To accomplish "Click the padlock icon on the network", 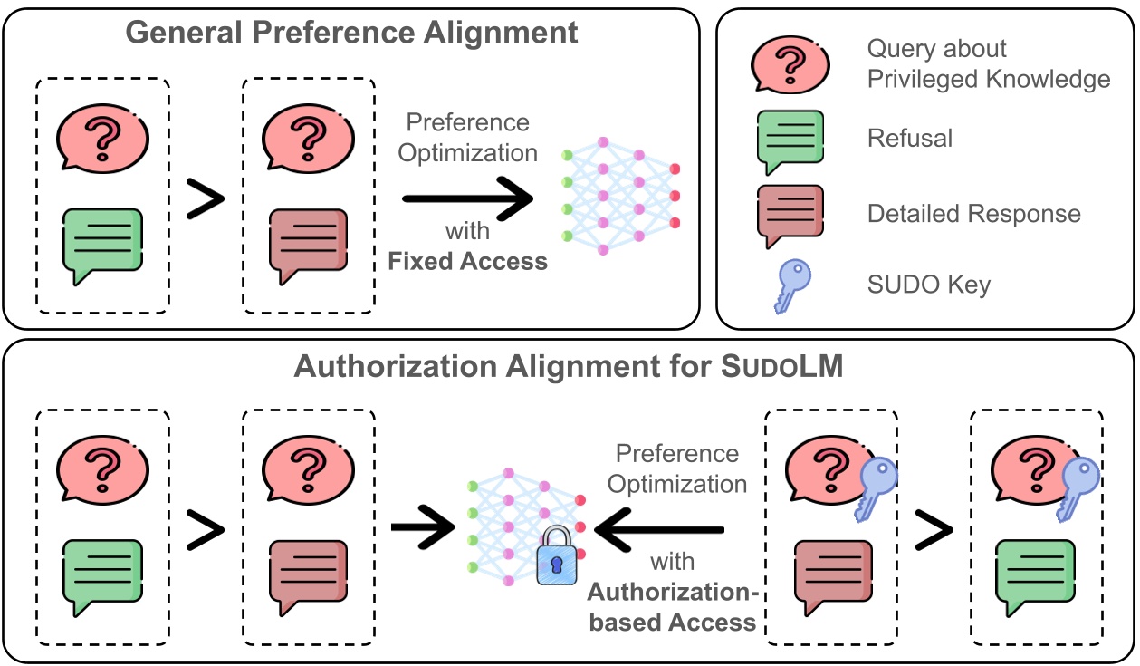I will click(x=557, y=558).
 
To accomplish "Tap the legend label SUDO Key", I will click(x=928, y=285).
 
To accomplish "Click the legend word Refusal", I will click(x=910, y=138).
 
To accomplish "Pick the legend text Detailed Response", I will click(x=973, y=214).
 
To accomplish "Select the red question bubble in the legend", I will click(x=790, y=64).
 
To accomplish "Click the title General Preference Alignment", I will click(x=351, y=33).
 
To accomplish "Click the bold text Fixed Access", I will click(x=467, y=262).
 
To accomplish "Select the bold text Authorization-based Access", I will click(x=671, y=607).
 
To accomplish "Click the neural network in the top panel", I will click(x=620, y=190).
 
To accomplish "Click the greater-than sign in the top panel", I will click(x=206, y=199).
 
